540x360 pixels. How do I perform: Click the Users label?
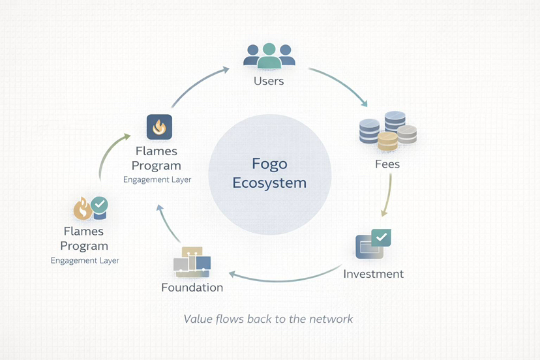tap(269, 81)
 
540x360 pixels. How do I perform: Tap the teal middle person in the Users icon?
tap(269, 55)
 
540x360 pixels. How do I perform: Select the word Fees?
tap(387, 164)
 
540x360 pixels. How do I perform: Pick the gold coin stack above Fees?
tap(387, 140)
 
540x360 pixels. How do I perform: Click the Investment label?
tap(373, 273)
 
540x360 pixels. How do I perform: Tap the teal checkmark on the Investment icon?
tap(381, 237)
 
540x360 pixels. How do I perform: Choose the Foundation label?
tap(192, 287)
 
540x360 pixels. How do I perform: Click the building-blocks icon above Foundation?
tap(192, 261)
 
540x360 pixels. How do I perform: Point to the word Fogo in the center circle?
tap(270, 163)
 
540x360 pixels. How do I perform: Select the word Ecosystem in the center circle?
tap(270, 183)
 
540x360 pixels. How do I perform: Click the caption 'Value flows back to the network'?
tap(268, 319)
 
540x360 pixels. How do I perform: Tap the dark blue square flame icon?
tap(159, 127)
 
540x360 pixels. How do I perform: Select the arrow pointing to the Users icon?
tap(199, 82)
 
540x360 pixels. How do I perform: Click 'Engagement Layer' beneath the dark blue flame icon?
tap(157, 179)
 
